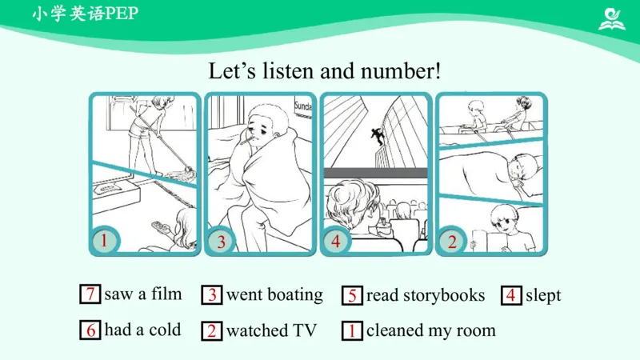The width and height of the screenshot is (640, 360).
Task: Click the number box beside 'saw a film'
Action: [90, 294]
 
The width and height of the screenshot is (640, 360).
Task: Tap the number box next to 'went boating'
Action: [212, 294]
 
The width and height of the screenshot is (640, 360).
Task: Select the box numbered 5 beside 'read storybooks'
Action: [352, 295]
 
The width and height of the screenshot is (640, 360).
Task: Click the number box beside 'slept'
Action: [511, 295]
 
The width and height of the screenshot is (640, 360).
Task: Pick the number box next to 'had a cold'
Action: [90, 330]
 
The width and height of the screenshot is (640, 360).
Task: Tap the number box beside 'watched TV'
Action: [212, 330]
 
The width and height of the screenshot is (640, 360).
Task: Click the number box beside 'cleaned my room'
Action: [352, 330]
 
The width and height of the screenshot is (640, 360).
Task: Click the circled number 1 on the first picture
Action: [105, 241]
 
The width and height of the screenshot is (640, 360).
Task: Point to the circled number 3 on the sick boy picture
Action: [221, 242]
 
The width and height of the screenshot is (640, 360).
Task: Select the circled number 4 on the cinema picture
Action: [335, 242]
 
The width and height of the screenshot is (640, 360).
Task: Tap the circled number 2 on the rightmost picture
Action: [452, 242]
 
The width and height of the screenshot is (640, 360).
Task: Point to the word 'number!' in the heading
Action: [401, 71]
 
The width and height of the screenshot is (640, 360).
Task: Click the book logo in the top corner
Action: [612, 19]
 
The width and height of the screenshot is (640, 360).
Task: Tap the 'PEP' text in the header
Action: [122, 14]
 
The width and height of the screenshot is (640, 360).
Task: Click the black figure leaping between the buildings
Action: [378, 135]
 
